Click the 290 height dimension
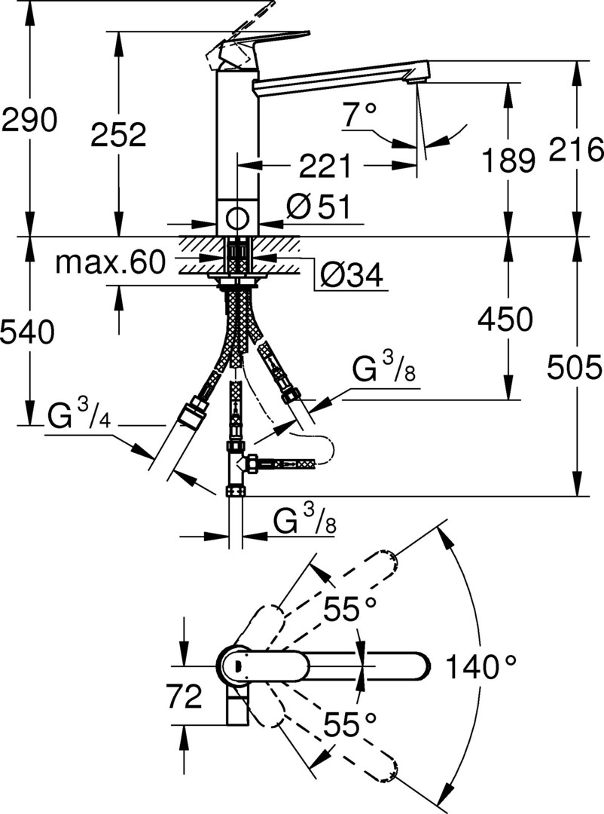pos(29,121)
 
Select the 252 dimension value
pos(118,135)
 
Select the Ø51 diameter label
pos(319,207)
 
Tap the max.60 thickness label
pos(111,262)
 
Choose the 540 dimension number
pos(27,332)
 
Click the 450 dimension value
pos(505,319)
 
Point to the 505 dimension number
pos(575,368)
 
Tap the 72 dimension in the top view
pos(184,696)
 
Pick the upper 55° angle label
pos(349,609)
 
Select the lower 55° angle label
pos(349,724)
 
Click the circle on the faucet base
pos(236,218)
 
